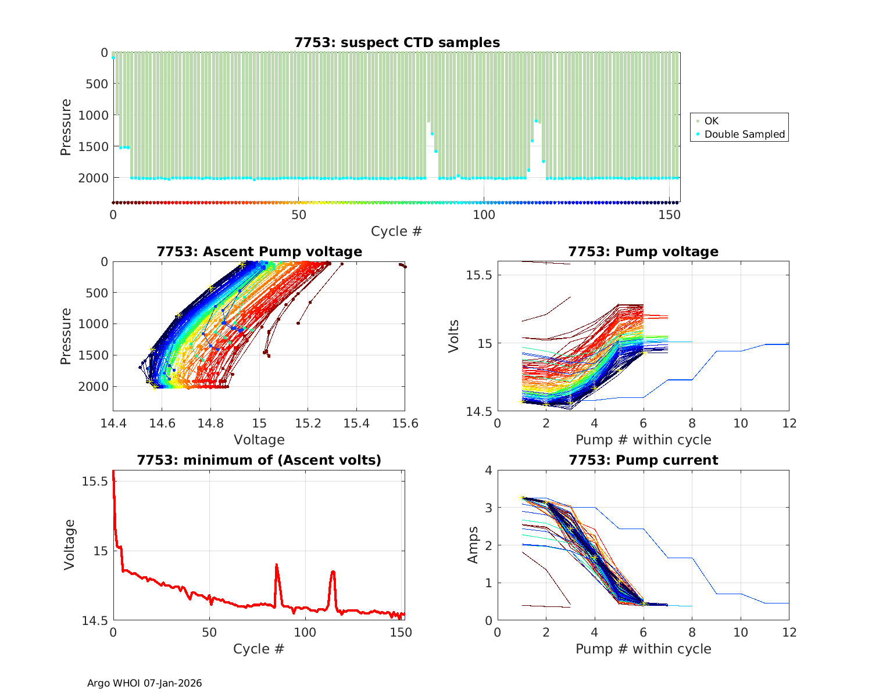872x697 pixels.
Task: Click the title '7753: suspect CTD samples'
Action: [x=397, y=42]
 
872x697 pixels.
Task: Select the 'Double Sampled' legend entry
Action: [x=744, y=134]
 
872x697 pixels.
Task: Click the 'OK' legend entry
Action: [x=711, y=121]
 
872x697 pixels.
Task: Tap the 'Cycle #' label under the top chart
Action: [x=396, y=231]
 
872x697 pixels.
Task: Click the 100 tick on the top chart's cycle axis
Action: [x=484, y=214]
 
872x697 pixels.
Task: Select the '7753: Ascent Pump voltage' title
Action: [x=259, y=252]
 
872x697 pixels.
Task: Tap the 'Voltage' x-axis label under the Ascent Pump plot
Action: [x=259, y=440]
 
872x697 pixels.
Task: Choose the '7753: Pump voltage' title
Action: [x=643, y=252]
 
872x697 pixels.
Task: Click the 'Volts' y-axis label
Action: [x=454, y=336]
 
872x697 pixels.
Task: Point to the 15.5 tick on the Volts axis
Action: [x=479, y=275]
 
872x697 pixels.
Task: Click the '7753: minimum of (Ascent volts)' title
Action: [x=259, y=460]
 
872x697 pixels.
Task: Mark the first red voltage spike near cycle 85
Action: [x=276, y=565]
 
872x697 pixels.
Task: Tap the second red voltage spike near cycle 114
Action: [x=333, y=572]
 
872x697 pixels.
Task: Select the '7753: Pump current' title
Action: [x=643, y=460]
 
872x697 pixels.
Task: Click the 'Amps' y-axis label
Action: [x=474, y=545]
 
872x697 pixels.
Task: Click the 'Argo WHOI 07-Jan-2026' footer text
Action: [x=145, y=683]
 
